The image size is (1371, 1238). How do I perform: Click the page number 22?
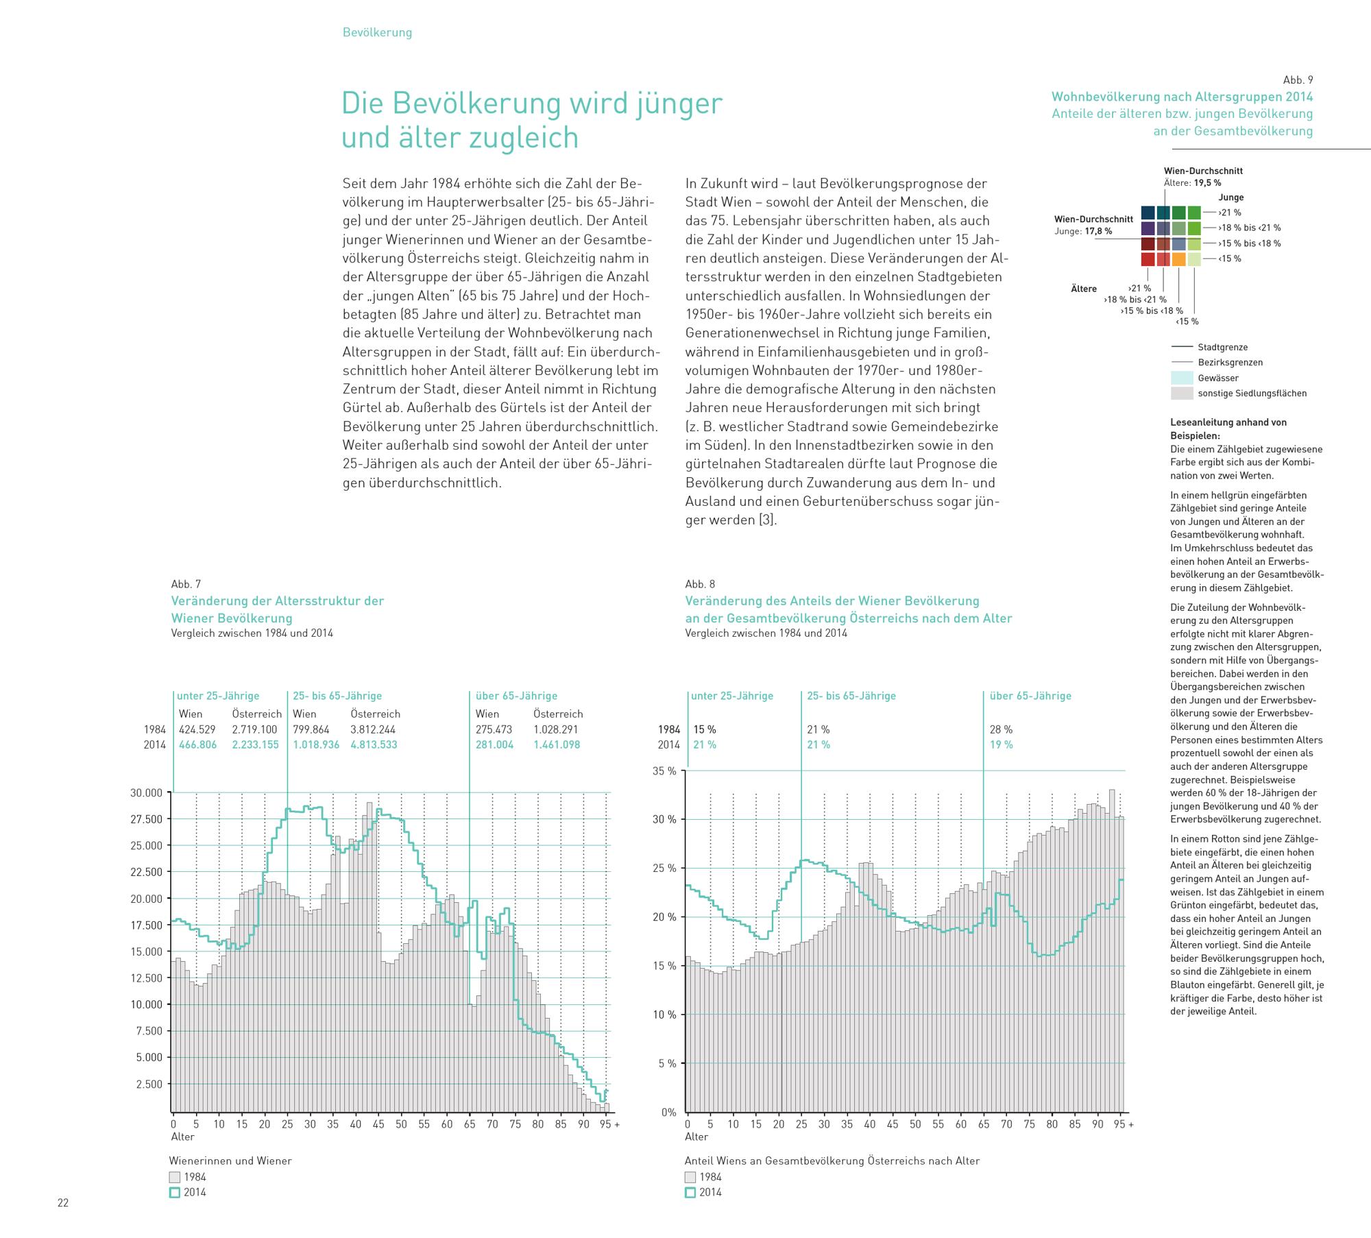point(62,1203)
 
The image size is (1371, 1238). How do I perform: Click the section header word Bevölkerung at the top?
point(377,32)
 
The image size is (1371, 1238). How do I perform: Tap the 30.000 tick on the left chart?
point(146,793)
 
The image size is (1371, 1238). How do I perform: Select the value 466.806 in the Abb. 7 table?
point(197,744)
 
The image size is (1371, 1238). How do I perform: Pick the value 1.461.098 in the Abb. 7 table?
point(557,744)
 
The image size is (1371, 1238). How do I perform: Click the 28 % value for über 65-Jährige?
point(1001,729)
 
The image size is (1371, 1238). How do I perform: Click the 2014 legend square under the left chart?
point(175,1192)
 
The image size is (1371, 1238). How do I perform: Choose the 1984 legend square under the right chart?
point(690,1177)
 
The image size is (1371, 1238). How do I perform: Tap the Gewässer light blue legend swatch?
point(1182,378)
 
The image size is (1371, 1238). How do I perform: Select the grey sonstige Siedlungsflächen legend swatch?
point(1182,393)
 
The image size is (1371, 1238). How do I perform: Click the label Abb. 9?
point(1298,80)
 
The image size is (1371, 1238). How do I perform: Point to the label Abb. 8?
point(700,584)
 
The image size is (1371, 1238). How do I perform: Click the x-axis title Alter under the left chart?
point(182,1137)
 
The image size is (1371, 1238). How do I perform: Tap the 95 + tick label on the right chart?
point(1124,1124)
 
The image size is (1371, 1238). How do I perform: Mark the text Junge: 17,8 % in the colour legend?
point(1083,231)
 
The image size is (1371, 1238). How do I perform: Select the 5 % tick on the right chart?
point(668,1064)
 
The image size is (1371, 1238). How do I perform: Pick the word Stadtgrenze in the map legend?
point(1223,348)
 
